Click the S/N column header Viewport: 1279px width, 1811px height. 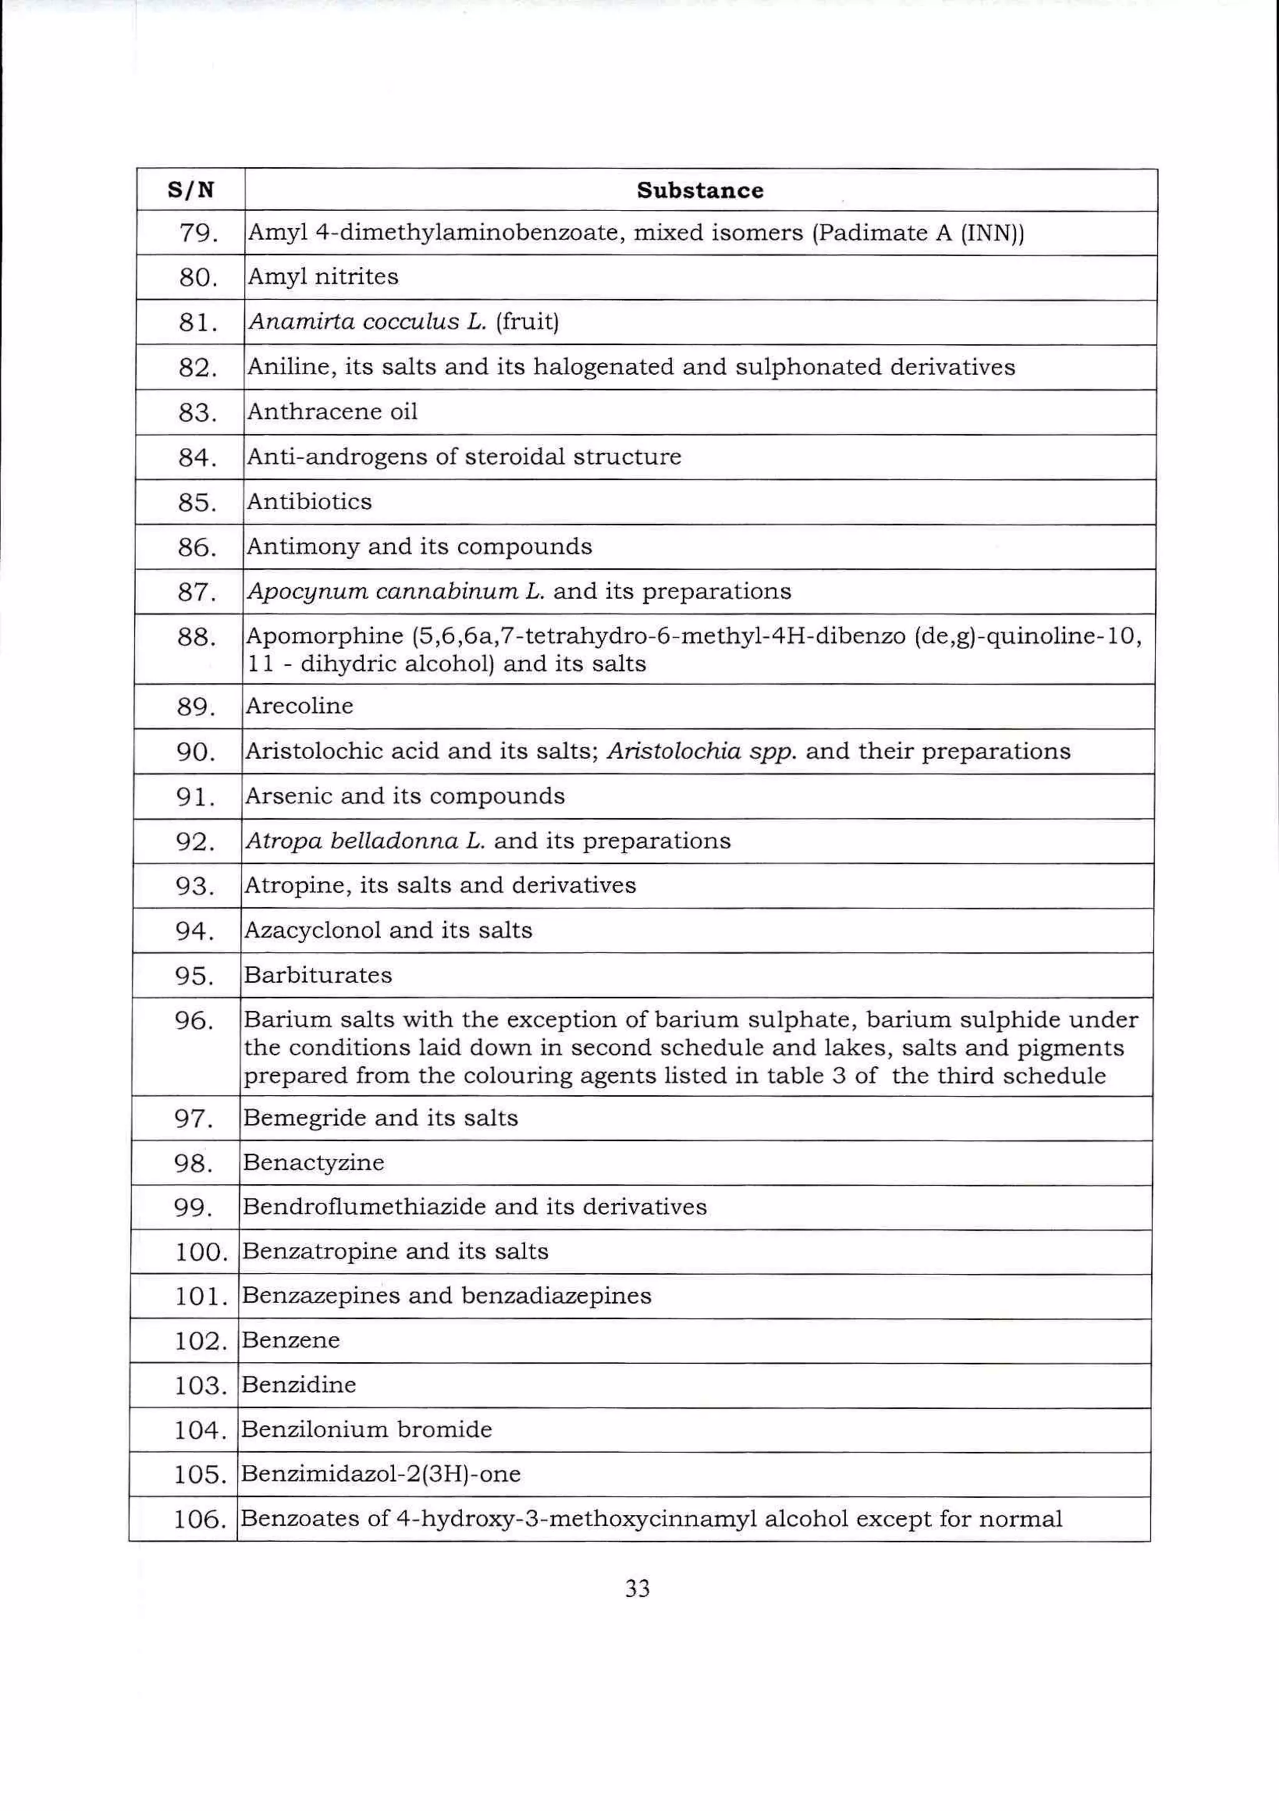click(x=191, y=190)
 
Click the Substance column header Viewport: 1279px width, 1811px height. click(x=699, y=190)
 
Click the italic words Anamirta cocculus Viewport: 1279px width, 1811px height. click(x=354, y=322)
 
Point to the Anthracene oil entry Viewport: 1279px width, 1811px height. click(x=332, y=412)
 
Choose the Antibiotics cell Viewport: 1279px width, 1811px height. click(x=309, y=502)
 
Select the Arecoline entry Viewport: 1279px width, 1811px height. click(x=299, y=706)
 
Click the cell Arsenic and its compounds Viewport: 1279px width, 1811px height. click(x=405, y=796)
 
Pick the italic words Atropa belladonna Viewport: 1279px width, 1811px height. click(x=352, y=841)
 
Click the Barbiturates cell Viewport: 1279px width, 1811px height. click(x=318, y=975)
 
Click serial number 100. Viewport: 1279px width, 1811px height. click(x=201, y=1252)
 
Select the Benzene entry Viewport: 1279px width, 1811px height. click(x=290, y=1341)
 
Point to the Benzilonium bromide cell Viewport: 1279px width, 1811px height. click(x=366, y=1430)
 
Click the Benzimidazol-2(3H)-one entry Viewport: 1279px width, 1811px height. click(x=380, y=1474)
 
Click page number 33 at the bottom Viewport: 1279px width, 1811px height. click(x=637, y=1589)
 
